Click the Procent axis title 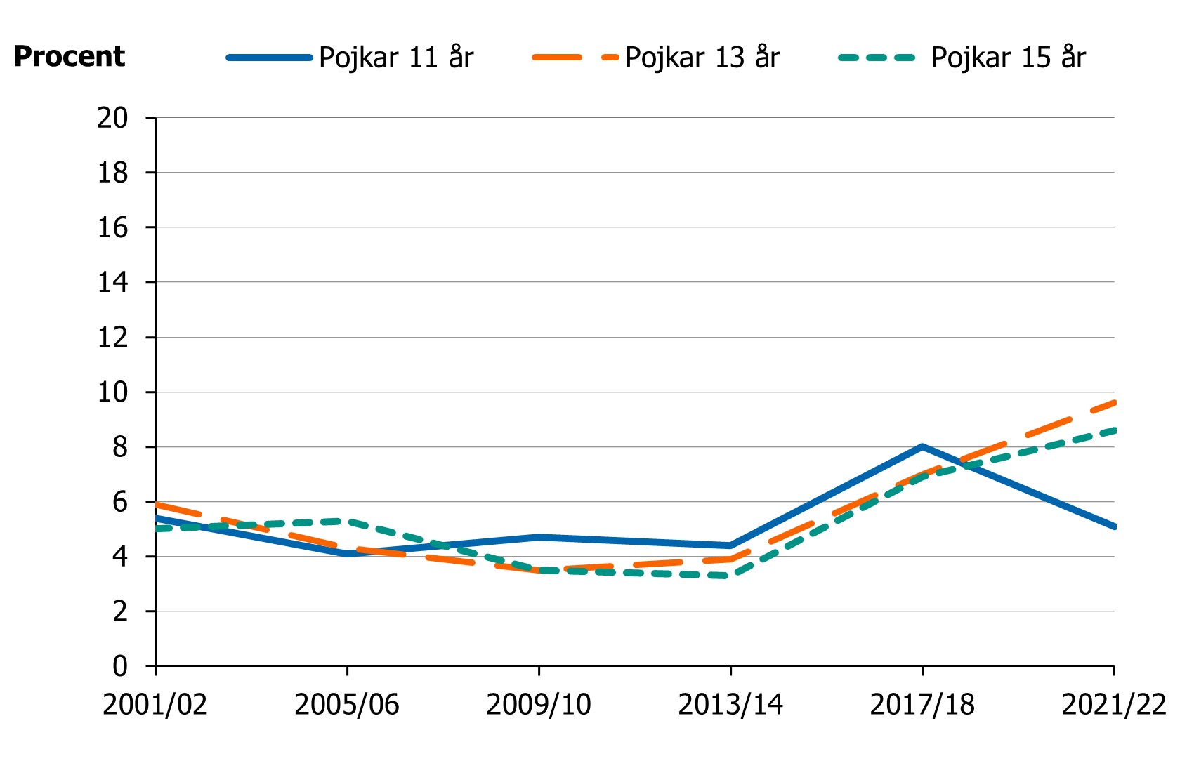(x=70, y=56)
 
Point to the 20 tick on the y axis (x=112, y=118)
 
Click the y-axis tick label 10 (x=112, y=392)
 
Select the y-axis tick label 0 (x=120, y=666)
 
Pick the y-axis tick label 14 (x=112, y=283)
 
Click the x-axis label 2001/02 (x=155, y=704)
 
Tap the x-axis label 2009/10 (x=539, y=704)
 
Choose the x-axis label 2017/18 (x=922, y=704)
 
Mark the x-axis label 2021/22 (x=1113, y=704)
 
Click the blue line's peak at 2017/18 (x=922, y=446)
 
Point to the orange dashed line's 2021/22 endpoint (x=1114, y=403)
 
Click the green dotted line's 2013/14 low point (x=730, y=576)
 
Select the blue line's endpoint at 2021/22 (x=1114, y=526)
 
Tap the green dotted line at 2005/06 (x=347, y=521)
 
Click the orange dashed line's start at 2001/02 (x=156, y=504)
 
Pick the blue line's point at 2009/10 (x=539, y=537)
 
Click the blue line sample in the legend (x=269, y=58)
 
